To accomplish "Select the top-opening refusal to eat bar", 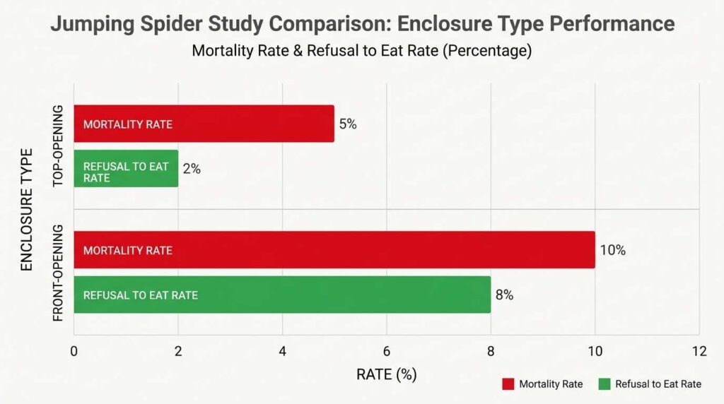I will [126, 169].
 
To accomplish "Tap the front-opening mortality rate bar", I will [334, 250].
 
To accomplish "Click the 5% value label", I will [348, 124].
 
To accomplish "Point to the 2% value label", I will [192, 169].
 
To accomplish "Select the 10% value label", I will [612, 250].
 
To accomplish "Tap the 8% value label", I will [504, 295].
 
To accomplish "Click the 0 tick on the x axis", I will [74, 351].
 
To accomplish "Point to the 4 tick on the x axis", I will [282, 351].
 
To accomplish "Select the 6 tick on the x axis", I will [386, 351].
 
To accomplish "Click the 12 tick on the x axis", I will [699, 351].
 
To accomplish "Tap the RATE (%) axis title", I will [386, 374].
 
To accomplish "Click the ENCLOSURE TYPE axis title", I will [27, 210].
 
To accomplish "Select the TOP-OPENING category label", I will [58, 146].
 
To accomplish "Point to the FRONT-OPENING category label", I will [58, 273].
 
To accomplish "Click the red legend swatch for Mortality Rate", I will [507, 384].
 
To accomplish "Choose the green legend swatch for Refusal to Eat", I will [603, 384].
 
